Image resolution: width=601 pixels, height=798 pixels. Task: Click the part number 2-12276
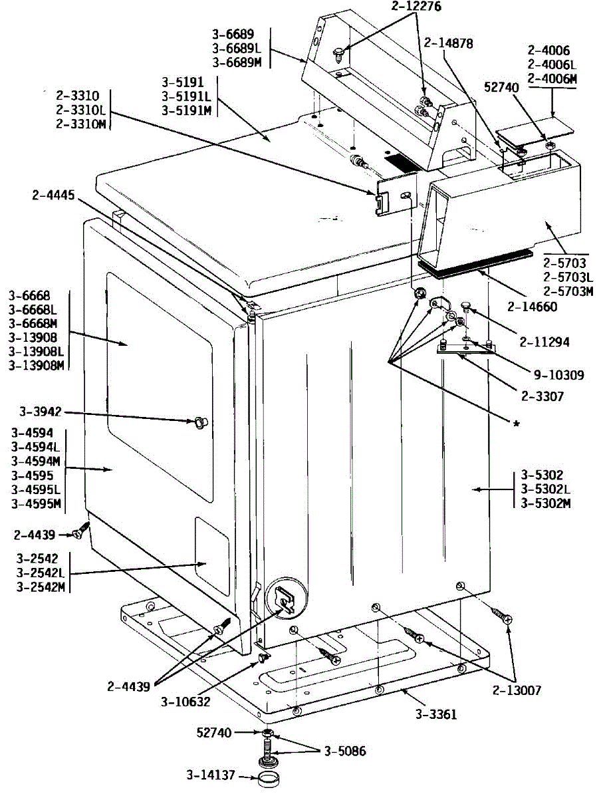coord(416,6)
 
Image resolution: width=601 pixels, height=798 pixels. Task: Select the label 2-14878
coord(448,43)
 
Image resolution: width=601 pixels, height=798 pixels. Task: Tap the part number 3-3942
coord(41,412)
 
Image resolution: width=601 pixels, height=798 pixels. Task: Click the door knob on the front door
coord(200,422)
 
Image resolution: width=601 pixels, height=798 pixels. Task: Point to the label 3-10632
coord(185,702)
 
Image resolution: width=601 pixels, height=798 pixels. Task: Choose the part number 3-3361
coord(436,714)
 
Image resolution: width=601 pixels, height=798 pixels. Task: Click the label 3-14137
coord(211,775)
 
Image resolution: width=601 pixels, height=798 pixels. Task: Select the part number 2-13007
coord(517,690)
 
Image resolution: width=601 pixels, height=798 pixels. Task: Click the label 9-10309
coord(559,375)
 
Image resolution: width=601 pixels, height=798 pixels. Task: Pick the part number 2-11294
coord(544,342)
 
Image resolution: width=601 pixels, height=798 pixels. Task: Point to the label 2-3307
coord(542,396)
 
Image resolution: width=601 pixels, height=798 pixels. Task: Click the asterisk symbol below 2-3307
coord(517,424)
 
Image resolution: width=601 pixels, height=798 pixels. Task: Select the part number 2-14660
coord(532,307)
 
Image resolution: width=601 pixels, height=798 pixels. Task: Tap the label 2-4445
coord(53,195)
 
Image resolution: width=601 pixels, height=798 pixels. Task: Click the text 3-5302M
coord(546,503)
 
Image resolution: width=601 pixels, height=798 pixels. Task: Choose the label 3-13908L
coord(36,352)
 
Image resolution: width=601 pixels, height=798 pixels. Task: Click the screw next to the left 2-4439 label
coord(81,531)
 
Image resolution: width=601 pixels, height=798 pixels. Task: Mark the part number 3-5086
coord(345,751)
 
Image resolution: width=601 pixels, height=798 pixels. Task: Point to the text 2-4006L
coord(552,65)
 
